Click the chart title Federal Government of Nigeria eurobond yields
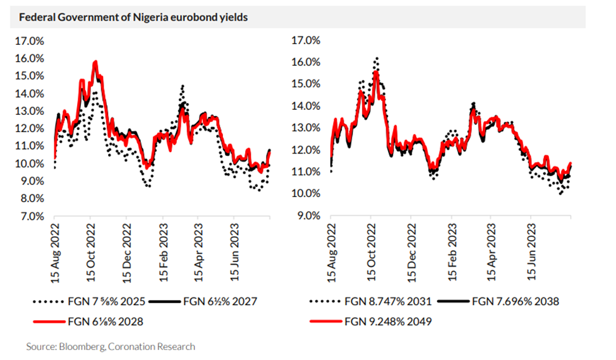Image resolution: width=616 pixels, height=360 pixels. coord(133,17)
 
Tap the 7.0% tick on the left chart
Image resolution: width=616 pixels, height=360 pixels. coord(32,216)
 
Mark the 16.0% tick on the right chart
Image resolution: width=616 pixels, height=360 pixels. coord(306,62)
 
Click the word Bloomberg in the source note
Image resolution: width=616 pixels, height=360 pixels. coord(78,346)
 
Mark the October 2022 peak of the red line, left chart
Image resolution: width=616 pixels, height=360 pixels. coord(95,62)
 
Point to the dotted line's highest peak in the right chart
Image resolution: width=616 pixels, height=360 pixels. coord(377,58)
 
